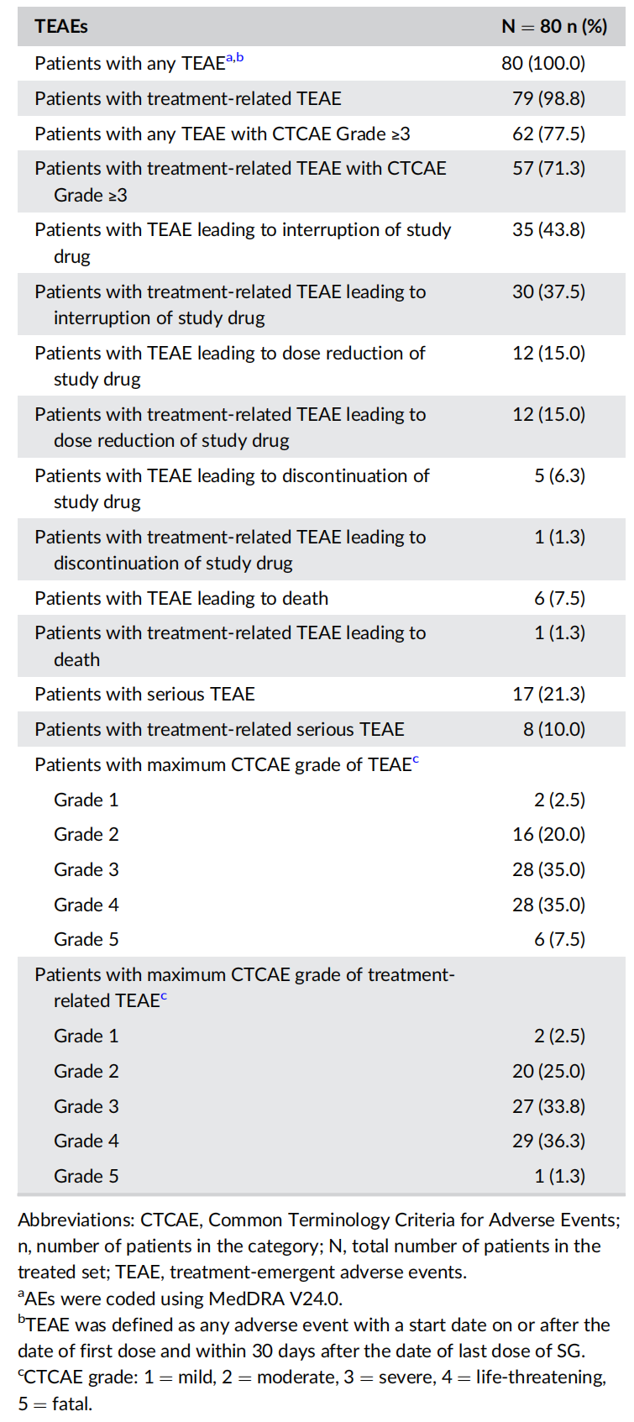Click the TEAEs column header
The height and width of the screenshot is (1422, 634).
(x=61, y=26)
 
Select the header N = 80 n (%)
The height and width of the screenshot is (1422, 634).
(x=554, y=26)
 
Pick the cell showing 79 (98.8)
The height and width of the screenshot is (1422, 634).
(x=548, y=98)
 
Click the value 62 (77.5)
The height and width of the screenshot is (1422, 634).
(x=548, y=134)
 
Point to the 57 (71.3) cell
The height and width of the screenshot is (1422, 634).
(x=548, y=168)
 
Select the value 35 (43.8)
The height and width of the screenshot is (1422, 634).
(x=548, y=229)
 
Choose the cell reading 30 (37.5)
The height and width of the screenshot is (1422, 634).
(x=548, y=291)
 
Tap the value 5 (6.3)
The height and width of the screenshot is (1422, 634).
(x=559, y=475)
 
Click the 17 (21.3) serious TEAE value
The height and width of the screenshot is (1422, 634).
(x=548, y=694)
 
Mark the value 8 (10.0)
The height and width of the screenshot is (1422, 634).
(x=554, y=729)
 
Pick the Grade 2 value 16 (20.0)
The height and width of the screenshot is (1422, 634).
(x=548, y=834)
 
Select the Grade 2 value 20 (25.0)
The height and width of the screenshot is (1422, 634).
(x=548, y=1071)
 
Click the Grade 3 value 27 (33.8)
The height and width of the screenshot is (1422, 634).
(x=548, y=1106)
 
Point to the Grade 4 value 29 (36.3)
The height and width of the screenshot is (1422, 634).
(x=548, y=1141)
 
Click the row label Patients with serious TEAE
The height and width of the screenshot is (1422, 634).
(x=144, y=694)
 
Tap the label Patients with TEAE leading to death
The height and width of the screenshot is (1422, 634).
(x=181, y=598)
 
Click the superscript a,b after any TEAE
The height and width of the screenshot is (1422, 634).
(x=234, y=58)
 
